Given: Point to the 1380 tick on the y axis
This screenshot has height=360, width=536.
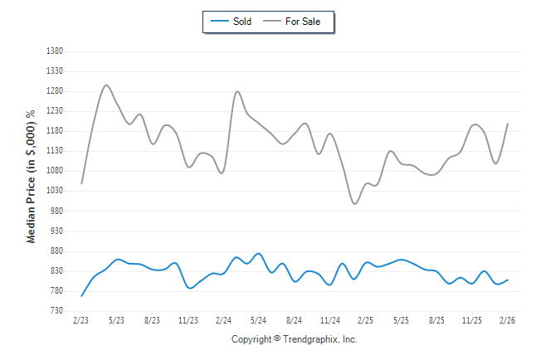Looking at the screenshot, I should [55, 51].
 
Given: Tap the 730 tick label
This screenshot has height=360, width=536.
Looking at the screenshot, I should [56, 311].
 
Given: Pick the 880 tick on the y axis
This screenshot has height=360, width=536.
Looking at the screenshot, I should [56, 251].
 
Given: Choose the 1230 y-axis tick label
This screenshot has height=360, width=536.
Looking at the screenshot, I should [55, 111].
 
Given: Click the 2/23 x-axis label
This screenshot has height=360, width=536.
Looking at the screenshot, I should [81, 320].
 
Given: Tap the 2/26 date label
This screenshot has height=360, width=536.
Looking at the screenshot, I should [508, 320].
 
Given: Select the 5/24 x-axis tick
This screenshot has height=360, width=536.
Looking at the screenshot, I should [259, 320].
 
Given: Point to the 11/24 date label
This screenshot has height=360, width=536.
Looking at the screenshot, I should [330, 320].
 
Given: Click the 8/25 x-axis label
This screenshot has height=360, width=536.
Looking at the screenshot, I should [436, 320].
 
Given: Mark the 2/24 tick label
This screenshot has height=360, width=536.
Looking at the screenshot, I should [223, 320].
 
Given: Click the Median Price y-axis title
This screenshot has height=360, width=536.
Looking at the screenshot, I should [32, 176].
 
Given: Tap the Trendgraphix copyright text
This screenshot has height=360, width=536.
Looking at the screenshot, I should [295, 339].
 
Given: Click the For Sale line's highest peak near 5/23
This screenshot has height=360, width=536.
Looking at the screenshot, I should [106, 85].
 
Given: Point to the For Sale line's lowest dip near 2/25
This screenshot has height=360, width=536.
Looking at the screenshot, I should [355, 203].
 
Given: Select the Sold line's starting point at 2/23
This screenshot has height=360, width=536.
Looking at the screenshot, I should [81, 295].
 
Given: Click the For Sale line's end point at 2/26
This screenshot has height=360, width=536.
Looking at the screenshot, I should [508, 124].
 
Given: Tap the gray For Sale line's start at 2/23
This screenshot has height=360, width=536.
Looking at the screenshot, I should [81, 183].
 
